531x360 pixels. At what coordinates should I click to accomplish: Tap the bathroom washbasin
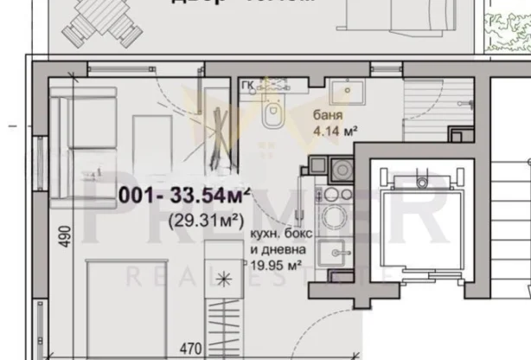tap(349, 93)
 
